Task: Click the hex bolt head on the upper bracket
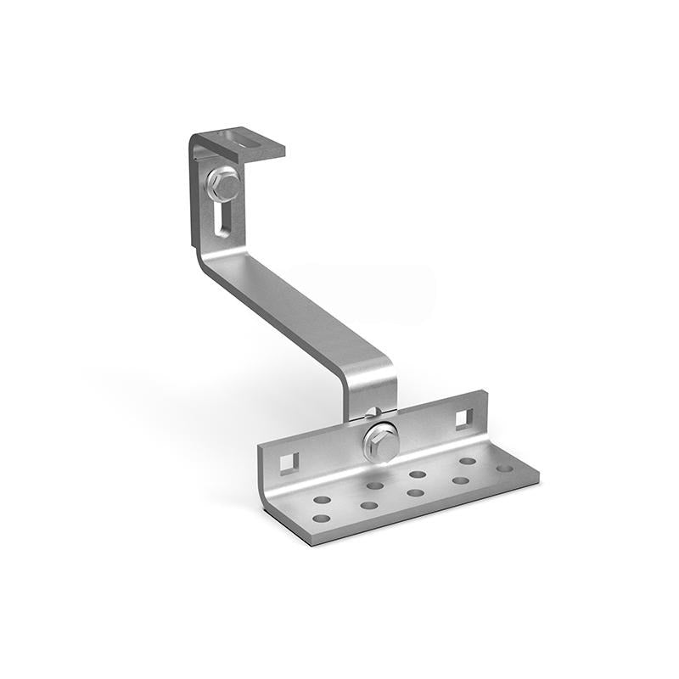(x=223, y=183)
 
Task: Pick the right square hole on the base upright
(x=463, y=418)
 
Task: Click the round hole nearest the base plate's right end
(x=505, y=468)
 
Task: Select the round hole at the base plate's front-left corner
(x=321, y=519)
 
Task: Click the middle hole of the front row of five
(x=415, y=492)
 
